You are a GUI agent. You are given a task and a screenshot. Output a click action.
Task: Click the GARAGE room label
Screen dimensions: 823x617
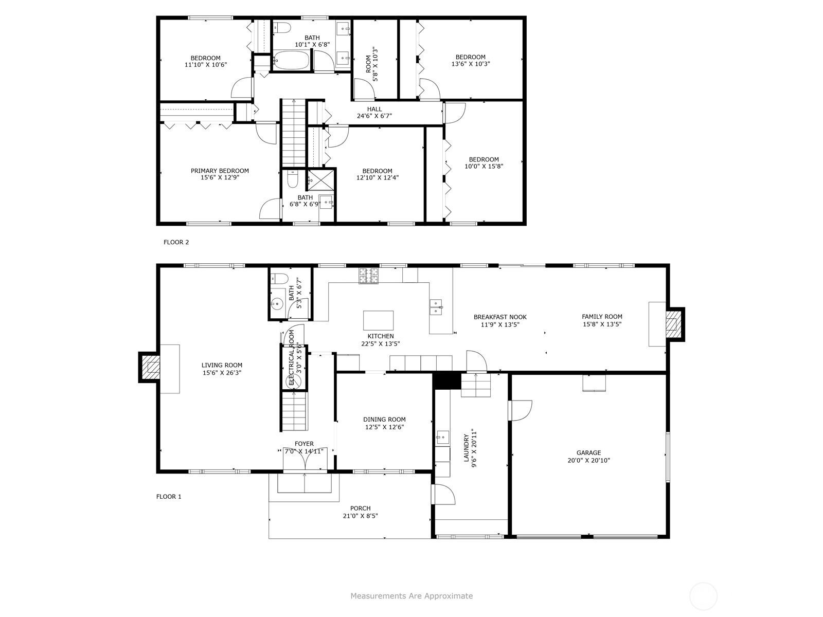click(x=588, y=452)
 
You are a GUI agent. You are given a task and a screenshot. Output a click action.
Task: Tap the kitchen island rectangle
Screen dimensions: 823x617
click(x=378, y=320)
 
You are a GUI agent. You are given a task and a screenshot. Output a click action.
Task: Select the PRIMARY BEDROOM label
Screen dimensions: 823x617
click(x=220, y=171)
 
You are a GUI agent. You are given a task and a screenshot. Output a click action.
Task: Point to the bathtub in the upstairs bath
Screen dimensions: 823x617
click(x=292, y=61)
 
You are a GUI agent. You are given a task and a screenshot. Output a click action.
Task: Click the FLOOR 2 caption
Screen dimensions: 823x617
click(x=176, y=242)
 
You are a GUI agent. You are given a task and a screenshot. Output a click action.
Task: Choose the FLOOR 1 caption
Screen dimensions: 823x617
click(x=169, y=497)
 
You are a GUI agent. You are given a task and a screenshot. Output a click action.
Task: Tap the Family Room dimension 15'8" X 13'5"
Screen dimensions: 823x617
click(x=602, y=324)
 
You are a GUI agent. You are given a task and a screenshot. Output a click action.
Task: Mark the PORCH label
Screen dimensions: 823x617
click(x=361, y=509)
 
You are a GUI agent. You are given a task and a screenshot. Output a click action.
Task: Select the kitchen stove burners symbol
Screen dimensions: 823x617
click(x=369, y=276)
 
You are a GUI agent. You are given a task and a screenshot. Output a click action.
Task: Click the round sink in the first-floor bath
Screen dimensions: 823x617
click(x=277, y=303)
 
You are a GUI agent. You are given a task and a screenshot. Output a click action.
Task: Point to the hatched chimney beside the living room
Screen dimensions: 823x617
click(x=150, y=367)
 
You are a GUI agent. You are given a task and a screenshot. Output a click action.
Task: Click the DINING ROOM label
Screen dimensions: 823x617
click(x=384, y=420)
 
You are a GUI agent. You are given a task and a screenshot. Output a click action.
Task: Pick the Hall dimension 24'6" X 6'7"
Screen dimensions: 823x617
click(x=374, y=116)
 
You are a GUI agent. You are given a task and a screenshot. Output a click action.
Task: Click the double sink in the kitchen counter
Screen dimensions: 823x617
click(x=436, y=307)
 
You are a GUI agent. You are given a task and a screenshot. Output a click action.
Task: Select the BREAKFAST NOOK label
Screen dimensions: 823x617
click(x=500, y=317)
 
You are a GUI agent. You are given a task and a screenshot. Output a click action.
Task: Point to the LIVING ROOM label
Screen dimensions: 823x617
click(x=222, y=365)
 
